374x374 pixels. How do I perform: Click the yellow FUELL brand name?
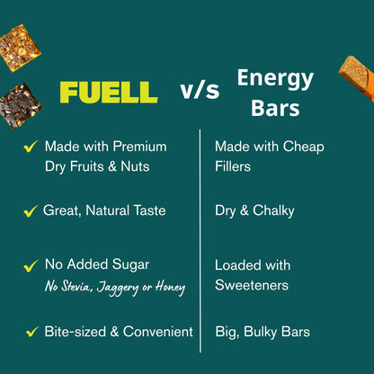108,92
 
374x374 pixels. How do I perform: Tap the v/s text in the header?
200,91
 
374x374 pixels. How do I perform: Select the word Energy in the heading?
274,78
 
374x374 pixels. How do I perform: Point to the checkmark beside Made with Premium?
31,147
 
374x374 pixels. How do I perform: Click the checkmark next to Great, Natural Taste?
31,210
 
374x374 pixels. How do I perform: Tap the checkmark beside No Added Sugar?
31,266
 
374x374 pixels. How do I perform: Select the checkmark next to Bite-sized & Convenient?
31,333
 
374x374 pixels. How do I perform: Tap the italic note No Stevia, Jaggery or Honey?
115,287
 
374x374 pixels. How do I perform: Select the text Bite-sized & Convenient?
119,332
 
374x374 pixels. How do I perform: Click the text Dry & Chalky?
254,210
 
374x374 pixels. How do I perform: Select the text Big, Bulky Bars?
263,332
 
